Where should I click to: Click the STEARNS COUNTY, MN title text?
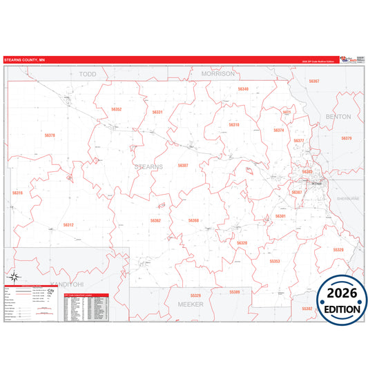[x=26, y=61]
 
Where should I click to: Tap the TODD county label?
[x=88, y=72]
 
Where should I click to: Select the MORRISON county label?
[x=218, y=72]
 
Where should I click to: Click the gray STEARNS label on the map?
[x=148, y=167]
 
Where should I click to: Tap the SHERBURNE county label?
[x=349, y=198]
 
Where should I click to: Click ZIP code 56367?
[x=313, y=81]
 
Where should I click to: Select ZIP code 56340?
[x=243, y=89]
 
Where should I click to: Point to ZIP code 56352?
[x=116, y=109]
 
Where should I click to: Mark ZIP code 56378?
[x=49, y=135]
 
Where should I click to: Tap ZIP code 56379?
[x=346, y=138]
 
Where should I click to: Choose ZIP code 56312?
[x=68, y=225]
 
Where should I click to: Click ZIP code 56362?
[x=155, y=221]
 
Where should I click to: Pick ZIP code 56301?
[x=280, y=216]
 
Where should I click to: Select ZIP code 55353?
[x=274, y=262]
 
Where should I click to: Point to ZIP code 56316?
[x=17, y=193]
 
